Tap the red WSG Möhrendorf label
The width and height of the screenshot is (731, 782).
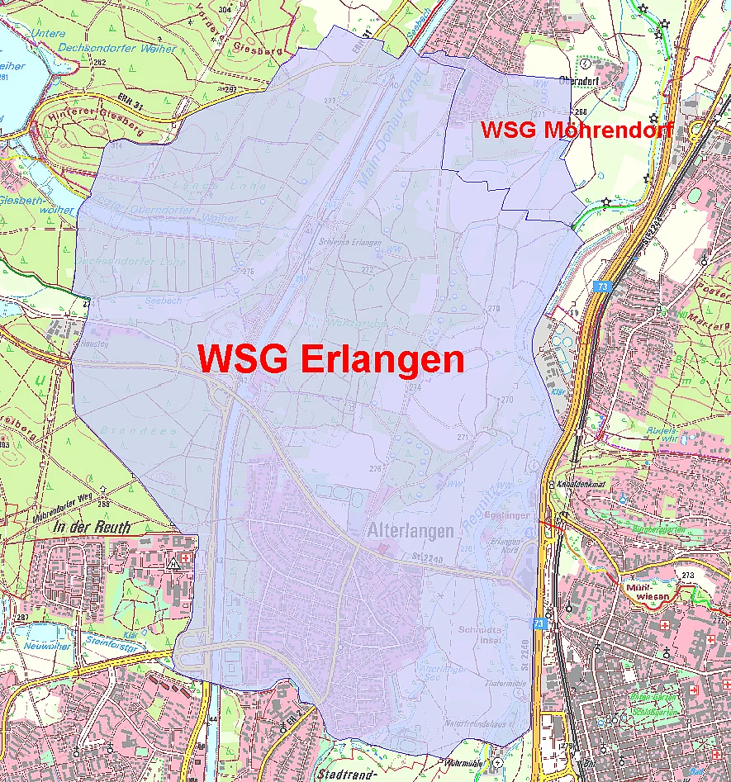(x=577, y=130)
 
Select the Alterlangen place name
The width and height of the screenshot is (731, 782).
(x=410, y=530)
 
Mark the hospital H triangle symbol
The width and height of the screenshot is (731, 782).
(x=173, y=564)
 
